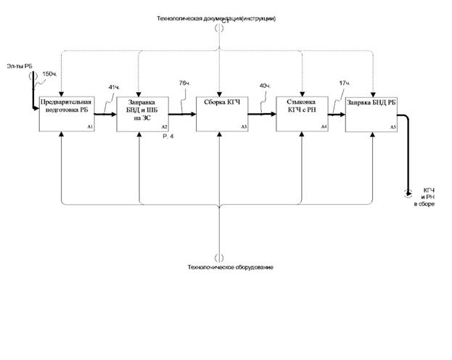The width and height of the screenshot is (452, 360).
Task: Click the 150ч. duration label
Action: [x=50, y=74]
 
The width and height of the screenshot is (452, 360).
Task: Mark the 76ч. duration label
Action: [x=185, y=83]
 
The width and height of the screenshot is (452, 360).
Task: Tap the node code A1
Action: [x=90, y=127]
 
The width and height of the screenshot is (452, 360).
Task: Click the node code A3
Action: [x=245, y=127]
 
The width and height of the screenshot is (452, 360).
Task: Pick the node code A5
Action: [x=393, y=127]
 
